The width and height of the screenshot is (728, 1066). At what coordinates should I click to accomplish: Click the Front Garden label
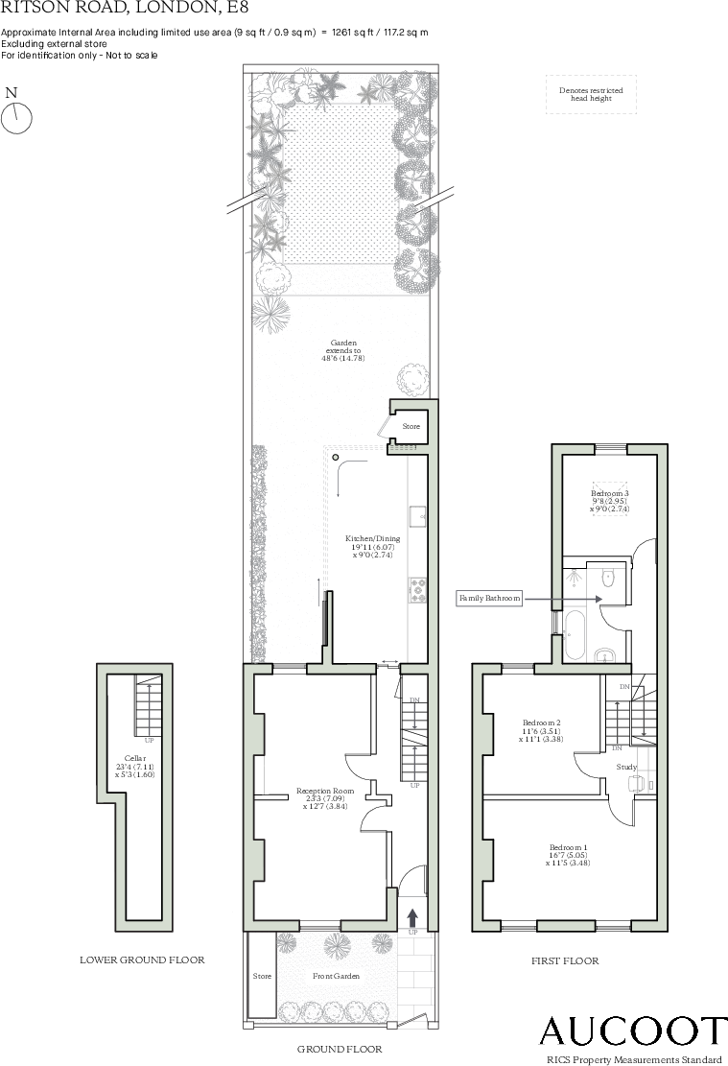pyautogui.click(x=336, y=976)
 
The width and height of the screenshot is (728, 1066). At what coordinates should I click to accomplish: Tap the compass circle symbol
pyautogui.click(x=16, y=118)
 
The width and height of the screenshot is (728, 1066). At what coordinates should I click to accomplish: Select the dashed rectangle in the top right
pyautogui.click(x=591, y=94)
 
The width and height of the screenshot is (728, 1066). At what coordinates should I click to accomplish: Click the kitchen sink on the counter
pyautogui.click(x=418, y=516)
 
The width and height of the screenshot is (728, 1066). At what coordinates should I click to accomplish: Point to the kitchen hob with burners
pyautogui.click(x=418, y=589)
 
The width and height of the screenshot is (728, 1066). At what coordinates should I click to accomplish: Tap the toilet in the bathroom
pyautogui.click(x=607, y=578)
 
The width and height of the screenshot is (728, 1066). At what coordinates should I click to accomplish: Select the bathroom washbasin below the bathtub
pyautogui.click(x=605, y=655)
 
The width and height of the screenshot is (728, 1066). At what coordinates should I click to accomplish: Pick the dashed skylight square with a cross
pyautogui.click(x=609, y=499)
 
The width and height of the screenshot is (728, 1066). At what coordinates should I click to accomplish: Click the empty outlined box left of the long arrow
pyautogui.click(x=489, y=599)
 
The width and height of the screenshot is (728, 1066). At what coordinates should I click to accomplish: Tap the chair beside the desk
pyautogui.click(x=636, y=783)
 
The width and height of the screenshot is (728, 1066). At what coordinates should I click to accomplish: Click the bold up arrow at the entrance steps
pyautogui.click(x=412, y=917)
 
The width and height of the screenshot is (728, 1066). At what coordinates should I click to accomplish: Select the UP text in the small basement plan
pyautogui.click(x=150, y=741)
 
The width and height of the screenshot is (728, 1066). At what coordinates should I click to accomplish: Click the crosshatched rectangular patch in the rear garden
pyautogui.click(x=340, y=184)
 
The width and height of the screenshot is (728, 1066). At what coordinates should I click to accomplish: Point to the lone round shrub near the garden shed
pyautogui.click(x=412, y=380)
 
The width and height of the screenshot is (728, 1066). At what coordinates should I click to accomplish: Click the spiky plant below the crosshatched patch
pyautogui.click(x=271, y=313)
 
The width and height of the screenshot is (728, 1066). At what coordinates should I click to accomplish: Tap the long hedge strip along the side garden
pyautogui.click(x=258, y=552)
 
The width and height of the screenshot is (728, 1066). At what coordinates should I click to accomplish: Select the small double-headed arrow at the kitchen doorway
pyautogui.click(x=389, y=661)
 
